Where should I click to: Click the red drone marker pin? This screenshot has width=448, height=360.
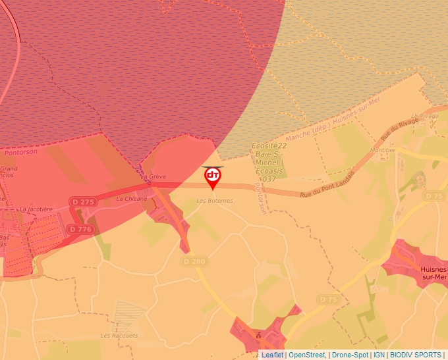coord(213,177)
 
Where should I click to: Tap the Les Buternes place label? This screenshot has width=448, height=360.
coord(215,200)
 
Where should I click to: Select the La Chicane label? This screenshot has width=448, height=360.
coord(132,198)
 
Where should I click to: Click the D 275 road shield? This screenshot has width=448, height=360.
coord(84,201)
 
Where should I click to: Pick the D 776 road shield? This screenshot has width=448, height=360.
coord(81,229)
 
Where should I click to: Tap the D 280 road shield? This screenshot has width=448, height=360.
coord(194,261)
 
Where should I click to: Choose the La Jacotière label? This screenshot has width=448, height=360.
coord(36,209)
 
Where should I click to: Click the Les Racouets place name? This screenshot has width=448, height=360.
coord(119,335)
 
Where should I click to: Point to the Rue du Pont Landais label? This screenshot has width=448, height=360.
coord(327,185)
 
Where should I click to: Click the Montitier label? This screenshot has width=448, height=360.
coord(383,150)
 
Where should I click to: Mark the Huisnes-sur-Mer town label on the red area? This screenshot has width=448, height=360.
coord(433,273)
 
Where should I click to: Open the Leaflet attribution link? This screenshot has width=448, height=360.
coord(272,355)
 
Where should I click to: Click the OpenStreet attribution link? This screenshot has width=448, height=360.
coord(307,355)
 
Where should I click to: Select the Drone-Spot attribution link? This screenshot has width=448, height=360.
coord(350,355)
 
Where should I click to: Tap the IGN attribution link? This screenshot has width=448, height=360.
coord(379,355)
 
